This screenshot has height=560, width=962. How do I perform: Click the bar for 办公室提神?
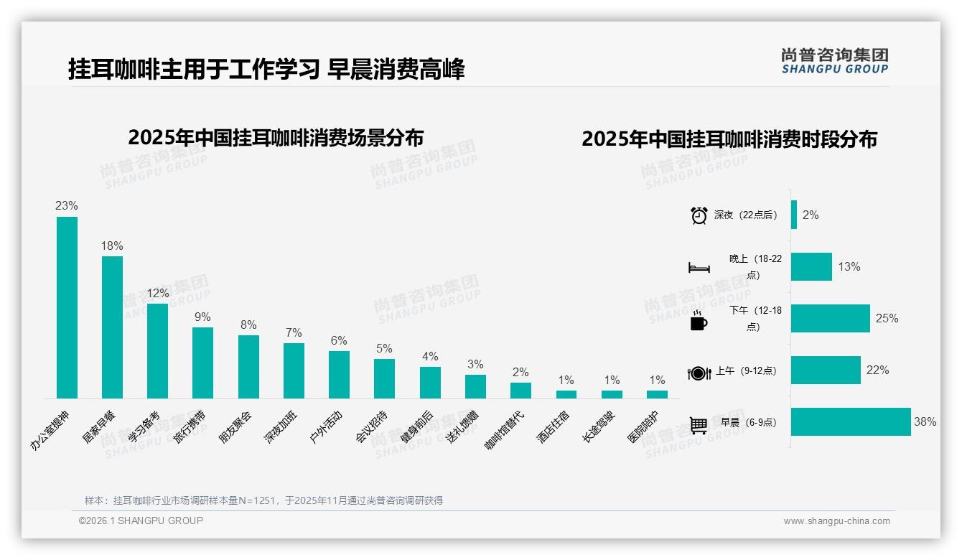tap(67, 307)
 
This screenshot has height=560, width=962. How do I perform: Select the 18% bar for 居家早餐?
tap(112, 327)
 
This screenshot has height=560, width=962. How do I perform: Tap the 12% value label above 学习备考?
tap(157, 293)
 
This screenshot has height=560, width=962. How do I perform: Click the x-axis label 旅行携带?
tap(190, 426)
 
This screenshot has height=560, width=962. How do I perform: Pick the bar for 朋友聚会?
tap(248, 366)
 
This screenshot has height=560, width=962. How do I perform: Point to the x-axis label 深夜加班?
tap(280, 426)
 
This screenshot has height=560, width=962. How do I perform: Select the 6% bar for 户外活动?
tap(339, 374)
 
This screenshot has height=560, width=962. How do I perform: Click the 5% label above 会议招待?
tap(384, 348)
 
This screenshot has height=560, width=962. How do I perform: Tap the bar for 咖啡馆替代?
tap(520, 390)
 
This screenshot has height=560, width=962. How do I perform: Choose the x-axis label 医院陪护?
tap(643, 426)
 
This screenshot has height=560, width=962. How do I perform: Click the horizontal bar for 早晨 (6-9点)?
tap(851, 421)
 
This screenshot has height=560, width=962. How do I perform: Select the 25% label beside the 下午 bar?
tap(887, 318)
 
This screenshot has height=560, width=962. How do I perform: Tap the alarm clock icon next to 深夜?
tap(699, 215)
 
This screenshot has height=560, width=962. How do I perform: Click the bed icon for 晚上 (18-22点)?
tap(699, 268)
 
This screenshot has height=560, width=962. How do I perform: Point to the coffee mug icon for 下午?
tap(699, 321)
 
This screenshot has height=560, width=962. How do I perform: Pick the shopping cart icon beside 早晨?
tap(699, 424)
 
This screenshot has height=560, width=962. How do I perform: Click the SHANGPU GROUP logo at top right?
tap(834, 61)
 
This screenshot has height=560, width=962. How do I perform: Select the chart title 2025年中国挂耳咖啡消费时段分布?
tap(729, 139)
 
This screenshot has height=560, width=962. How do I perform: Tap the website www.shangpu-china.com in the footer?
tap(836, 521)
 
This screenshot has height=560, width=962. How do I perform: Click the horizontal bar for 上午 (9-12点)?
tap(826, 370)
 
